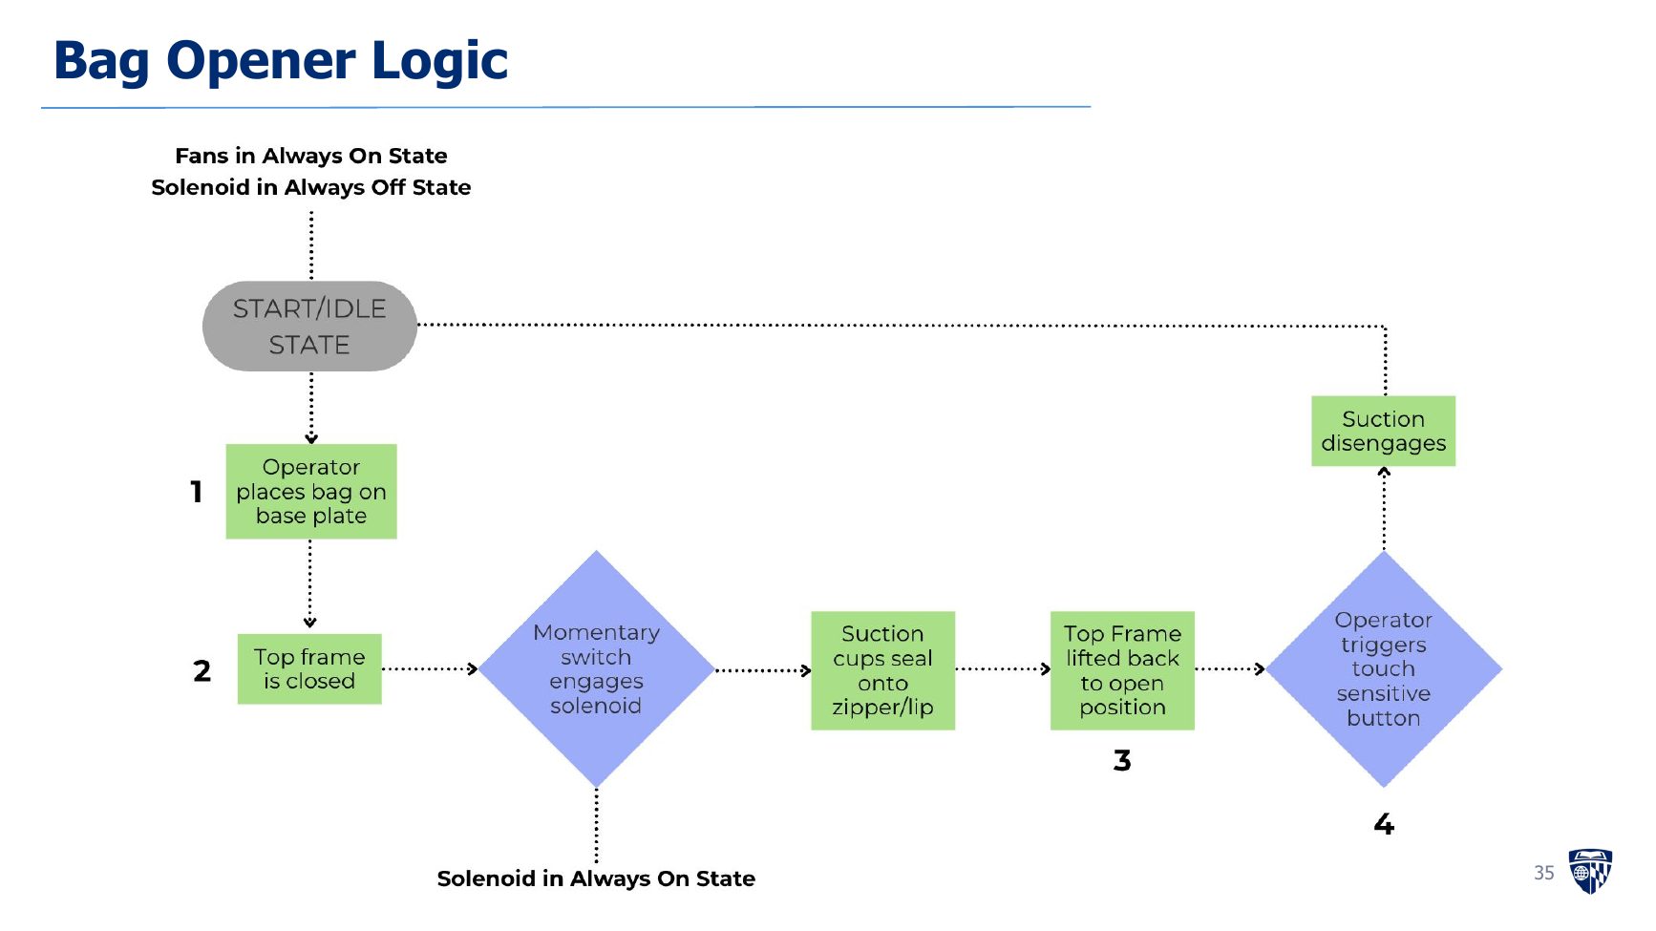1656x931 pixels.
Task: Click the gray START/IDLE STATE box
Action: coord(309,326)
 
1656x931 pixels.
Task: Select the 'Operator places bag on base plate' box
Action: coord(311,492)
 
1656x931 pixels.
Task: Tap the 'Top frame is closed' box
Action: coord(309,669)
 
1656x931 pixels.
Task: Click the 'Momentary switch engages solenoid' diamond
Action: coord(597,669)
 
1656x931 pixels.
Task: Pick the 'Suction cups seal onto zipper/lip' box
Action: coord(882,670)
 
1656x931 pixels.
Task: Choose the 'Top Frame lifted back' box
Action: coord(1122,670)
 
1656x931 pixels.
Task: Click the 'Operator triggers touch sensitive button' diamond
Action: coord(1384,669)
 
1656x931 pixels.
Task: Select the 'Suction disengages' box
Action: coord(1384,431)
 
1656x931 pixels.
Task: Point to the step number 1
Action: coord(196,492)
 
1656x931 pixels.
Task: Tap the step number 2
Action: coord(202,670)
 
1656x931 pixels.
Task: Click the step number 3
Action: coord(1122,760)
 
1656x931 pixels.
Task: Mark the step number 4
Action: coord(1384,824)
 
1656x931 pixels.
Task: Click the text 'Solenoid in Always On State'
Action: coord(596,878)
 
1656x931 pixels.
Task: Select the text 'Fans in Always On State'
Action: coord(311,156)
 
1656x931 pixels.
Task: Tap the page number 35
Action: coord(1544,873)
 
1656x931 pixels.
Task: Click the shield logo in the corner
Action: coord(1590,871)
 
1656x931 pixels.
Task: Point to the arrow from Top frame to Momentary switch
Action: coord(430,668)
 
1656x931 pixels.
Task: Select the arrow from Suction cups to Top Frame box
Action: coord(1003,668)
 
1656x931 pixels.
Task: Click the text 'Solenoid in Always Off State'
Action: coord(311,187)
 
